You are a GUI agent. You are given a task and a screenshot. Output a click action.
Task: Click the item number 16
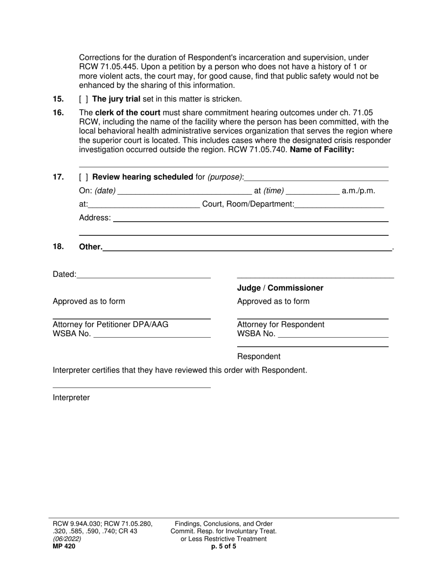coord(58,113)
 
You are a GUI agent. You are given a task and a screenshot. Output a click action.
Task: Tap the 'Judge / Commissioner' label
coord(280,288)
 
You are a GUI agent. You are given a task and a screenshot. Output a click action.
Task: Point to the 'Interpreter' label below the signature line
coord(71,398)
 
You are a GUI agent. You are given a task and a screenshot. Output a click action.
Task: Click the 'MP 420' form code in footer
coord(64,547)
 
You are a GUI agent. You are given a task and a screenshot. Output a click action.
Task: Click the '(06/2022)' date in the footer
coord(67,539)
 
